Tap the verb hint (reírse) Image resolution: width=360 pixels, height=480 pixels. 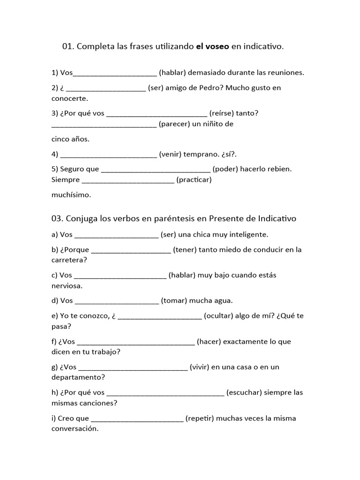point(222,113)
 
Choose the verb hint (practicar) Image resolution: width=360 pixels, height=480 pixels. point(194,180)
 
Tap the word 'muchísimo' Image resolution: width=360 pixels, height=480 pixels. point(71,194)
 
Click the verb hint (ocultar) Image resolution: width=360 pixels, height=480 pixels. point(219,316)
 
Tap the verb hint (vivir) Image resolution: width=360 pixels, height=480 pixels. point(200,367)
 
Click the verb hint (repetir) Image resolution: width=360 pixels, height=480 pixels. point(200,418)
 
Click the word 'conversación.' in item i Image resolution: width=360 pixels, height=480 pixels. point(75,428)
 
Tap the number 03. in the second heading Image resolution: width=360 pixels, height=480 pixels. point(57,219)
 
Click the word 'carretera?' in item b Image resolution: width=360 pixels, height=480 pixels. point(69,260)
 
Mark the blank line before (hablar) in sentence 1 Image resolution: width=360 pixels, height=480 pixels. point(115,74)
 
